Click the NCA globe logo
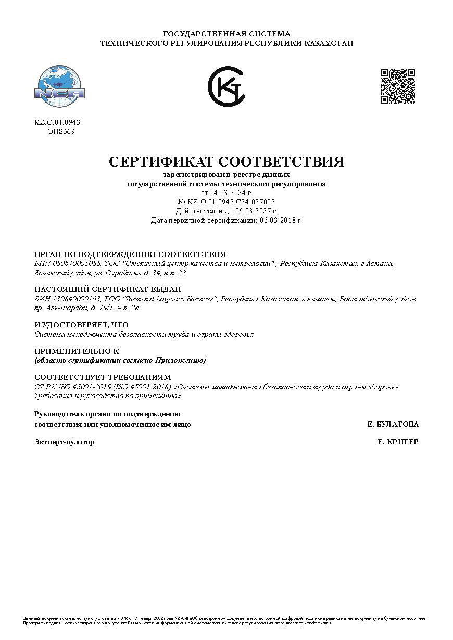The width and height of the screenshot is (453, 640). point(59,84)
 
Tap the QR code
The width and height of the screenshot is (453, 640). point(398,86)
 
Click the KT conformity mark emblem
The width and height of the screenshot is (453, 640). point(227,86)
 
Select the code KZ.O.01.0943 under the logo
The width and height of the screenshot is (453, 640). point(57,122)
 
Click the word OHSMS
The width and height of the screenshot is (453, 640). point(61,131)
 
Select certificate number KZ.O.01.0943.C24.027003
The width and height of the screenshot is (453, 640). point(231,202)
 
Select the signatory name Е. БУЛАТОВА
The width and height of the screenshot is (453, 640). point(393,424)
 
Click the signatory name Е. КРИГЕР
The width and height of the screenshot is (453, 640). point(398,442)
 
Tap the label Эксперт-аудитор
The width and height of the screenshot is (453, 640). point(65,442)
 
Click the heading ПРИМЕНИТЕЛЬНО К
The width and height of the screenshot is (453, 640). point(77,351)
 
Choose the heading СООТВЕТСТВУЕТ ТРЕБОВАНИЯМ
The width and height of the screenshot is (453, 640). point(103,377)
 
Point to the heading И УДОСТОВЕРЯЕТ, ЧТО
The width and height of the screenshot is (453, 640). point(81,325)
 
